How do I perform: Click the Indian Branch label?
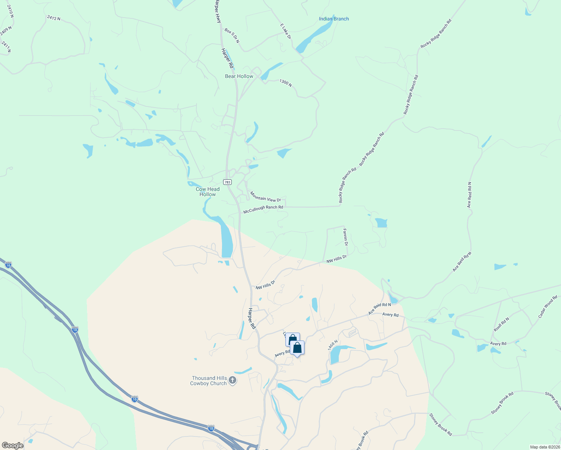pyautogui.click(x=334, y=19)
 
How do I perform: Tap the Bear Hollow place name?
pyautogui.click(x=239, y=76)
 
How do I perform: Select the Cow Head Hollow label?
pyautogui.click(x=207, y=192)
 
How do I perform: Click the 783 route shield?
pyautogui.click(x=227, y=182)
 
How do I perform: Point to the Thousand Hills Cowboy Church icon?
pyautogui.click(x=232, y=381)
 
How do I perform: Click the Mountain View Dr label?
pyautogui.click(x=265, y=197)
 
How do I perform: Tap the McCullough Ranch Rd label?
pyautogui.click(x=263, y=209)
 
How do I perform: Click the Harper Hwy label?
pyautogui.click(x=218, y=11)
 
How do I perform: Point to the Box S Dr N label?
pyautogui.click(x=232, y=35)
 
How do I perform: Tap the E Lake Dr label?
pyautogui.click(x=285, y=31)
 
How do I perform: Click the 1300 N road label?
pyautogui.click(x=285, y=82)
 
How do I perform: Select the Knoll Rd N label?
pyautogui.click(x=501, y=324)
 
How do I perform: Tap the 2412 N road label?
pyautogui.click(x=54, y=18)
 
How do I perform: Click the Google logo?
pyautogui.click(x=12, y=445)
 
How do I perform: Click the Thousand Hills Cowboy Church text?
pyautogui.click(x=209, y=381)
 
